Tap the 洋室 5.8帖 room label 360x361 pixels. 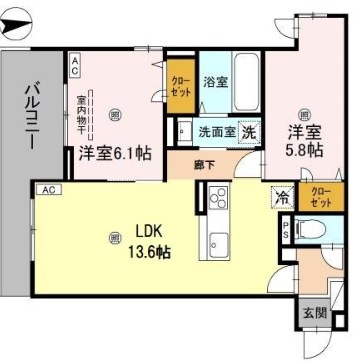click(x=306, y=139)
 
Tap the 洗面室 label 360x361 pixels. click(x=214, y=130)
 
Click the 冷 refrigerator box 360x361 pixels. click(x=282, y=196)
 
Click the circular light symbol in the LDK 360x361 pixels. click(x=115, y=236)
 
